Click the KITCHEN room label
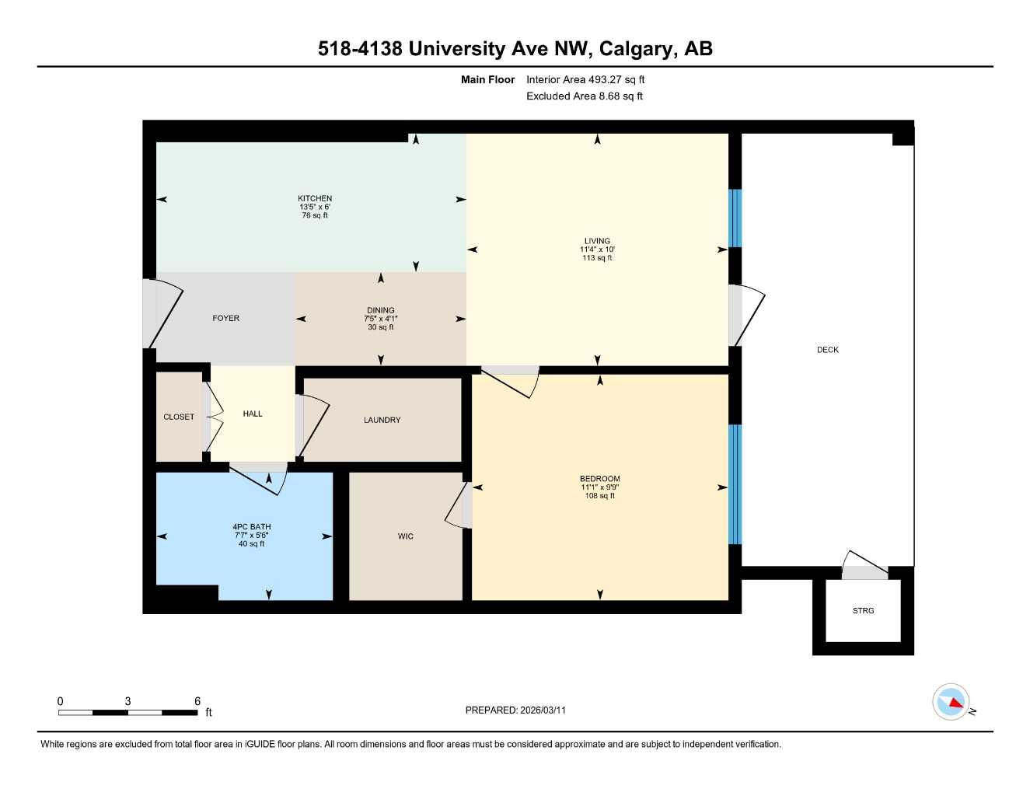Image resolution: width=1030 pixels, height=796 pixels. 315,198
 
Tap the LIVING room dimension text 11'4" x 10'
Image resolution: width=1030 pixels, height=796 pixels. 597,250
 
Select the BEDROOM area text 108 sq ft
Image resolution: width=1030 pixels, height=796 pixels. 599,496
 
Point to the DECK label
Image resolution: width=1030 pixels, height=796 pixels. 827,350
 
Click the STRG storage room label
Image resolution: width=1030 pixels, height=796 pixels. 863,611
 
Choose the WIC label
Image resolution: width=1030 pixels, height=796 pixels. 405,536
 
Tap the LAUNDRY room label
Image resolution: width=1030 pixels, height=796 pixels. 382,420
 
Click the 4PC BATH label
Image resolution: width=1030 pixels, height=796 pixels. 252,527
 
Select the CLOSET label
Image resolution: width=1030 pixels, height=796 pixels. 179,417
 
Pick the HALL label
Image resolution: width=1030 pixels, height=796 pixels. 252,414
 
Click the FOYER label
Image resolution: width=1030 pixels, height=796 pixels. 226,318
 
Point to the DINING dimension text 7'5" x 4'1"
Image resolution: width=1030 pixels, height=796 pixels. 380,319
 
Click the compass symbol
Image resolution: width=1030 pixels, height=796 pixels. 951,703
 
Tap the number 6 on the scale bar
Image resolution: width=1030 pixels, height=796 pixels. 197,701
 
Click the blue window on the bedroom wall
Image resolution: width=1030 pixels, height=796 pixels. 735,484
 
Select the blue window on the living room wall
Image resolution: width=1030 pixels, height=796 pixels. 735,218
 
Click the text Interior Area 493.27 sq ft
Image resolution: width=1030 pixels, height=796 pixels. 585,79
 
